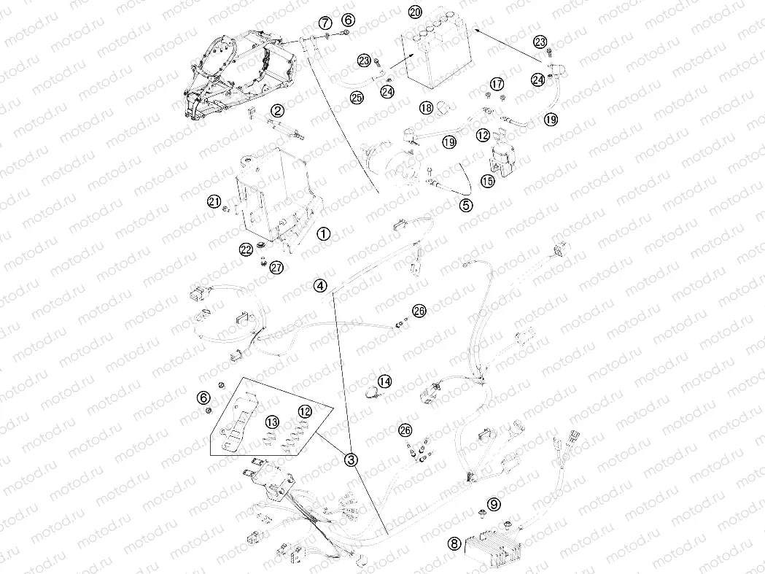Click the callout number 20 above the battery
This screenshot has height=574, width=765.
(x=415, y=12)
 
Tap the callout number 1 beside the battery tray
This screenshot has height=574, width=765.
(x=324, y=234)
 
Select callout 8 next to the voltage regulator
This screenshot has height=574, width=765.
(x=454, y=543)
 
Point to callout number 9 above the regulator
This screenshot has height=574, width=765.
(x=494, y=504)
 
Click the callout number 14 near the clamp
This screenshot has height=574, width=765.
(x=385, y=381)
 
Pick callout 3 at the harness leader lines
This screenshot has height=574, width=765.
(x=352, y=459)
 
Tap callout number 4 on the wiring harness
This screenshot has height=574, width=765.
(x=320, y=285)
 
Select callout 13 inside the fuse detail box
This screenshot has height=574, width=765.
(x=272, y=423)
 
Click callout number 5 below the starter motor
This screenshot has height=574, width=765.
(x=467, y=205)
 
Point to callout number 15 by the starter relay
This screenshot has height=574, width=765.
(x=487, y=181)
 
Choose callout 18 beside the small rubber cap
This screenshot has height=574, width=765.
(x=427, y=107)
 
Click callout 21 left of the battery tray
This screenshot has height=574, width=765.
(x=214, y=201)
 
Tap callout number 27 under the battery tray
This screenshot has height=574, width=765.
(x=276, y=267)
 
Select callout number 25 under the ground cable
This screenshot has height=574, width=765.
(x=357, y=98)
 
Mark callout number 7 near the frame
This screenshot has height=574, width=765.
(x=325, y=23)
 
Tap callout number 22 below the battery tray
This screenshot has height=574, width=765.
(x=246, y=250)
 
